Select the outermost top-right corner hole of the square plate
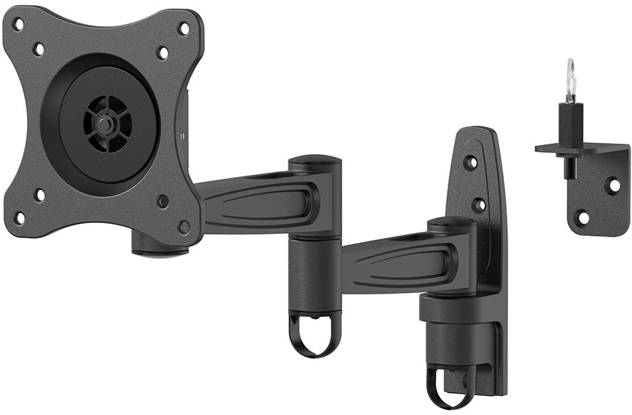click(184, 29)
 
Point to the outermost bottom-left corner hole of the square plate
click(19, 217)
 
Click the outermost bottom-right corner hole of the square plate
click(185, 227)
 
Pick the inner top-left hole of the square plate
click(38, 49)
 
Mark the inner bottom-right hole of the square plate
click(164, 201)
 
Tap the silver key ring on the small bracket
click(570, 80)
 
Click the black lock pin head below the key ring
click(570, 115)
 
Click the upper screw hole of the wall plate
click(470, 163)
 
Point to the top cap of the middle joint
click(314, 161)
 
